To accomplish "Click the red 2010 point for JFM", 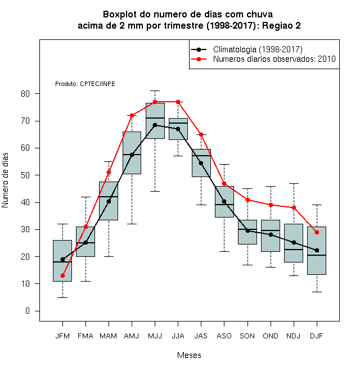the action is (62, 275).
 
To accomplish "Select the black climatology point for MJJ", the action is (155, 125).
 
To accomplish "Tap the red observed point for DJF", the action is (317, 233).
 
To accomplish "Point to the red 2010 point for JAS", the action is (201, 135).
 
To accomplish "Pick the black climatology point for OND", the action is (271, 235).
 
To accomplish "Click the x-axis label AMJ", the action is (132, 336).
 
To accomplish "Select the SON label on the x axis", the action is (247, 336).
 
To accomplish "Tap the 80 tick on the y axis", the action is (25, 94).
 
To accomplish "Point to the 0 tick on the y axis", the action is (28, 311).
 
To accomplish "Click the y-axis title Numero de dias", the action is (5, 180).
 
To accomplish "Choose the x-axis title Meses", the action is (189, 355).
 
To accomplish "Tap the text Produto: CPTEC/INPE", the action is (85, 84).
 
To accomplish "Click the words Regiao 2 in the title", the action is (281, 25).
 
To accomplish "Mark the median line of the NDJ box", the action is (294, 250).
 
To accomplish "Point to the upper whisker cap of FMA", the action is (85, 197).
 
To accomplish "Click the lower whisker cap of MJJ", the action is (155, 191).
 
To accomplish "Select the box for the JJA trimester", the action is (178, 129).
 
